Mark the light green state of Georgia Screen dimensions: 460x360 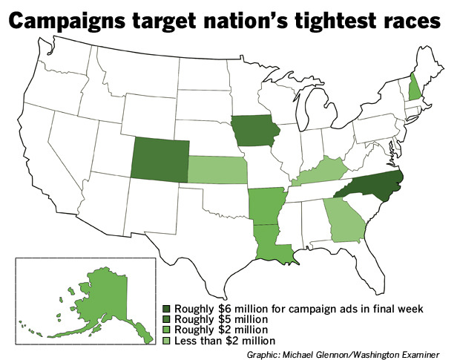pyautogui.click(x=341, y=220)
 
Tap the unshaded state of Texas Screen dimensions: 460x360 pyautogui.click(x=200, y=230)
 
